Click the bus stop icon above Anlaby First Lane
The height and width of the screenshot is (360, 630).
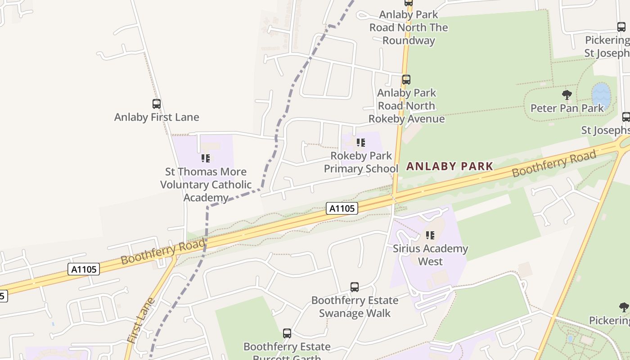click(x=156, y=104)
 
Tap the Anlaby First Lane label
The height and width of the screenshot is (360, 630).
click(x=156, y=117)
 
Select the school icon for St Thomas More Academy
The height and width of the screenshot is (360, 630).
click(x=206, y=158)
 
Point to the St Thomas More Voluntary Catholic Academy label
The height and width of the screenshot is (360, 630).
click(x=206, y=184)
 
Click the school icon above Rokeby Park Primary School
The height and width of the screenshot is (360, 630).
click(x=360, y=143)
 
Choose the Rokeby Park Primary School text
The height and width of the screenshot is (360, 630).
click(x=361, y=162)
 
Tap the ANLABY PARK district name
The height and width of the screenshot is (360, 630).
click(x=450, y=166)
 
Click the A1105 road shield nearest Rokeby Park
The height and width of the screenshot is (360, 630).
click(x=342, y=208)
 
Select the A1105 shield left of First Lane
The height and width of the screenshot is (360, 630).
click(x=84, y=269)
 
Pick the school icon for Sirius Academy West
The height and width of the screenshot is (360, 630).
click(x=430, y=235)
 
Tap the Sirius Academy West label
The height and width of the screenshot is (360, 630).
click(x=430, y=255)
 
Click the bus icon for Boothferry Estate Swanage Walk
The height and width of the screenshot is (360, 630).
click(x=355, y=287)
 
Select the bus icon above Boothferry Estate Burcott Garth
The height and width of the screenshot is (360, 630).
click(x=287, y=333)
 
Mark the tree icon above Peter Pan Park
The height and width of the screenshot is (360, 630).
click(x=567, y=95)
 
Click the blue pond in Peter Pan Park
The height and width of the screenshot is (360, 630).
click(x=601, y=95)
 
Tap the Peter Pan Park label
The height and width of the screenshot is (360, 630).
click(x=567, y=108)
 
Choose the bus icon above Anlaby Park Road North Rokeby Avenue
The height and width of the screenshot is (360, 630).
click(x=406, y=80)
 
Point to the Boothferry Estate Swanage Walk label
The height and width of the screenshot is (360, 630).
click(x=355, y=306)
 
